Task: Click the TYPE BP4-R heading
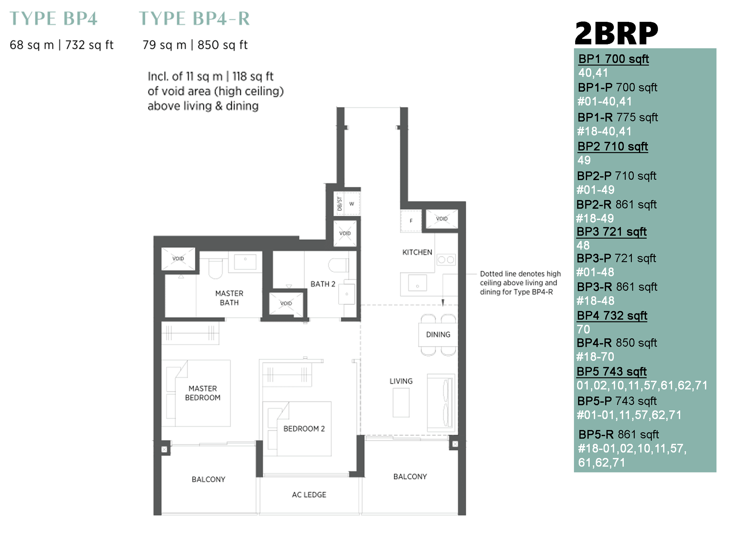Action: click(x=194, y=18)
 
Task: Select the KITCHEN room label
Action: click(x=417, y=252)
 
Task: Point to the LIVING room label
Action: click(x=401, y=381)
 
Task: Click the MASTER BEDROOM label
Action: click(x=203, y=393)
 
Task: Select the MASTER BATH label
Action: click(x=229, y=298)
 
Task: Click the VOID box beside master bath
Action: click(x=178, y=259)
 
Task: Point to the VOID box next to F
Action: click(x=442, y=219)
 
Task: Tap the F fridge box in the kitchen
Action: click(x=411, y=221)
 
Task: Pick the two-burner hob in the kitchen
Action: click(x=446, y=260)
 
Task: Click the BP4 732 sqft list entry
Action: click(x=612, y=316)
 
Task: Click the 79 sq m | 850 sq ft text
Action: click(x=195, y=45)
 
